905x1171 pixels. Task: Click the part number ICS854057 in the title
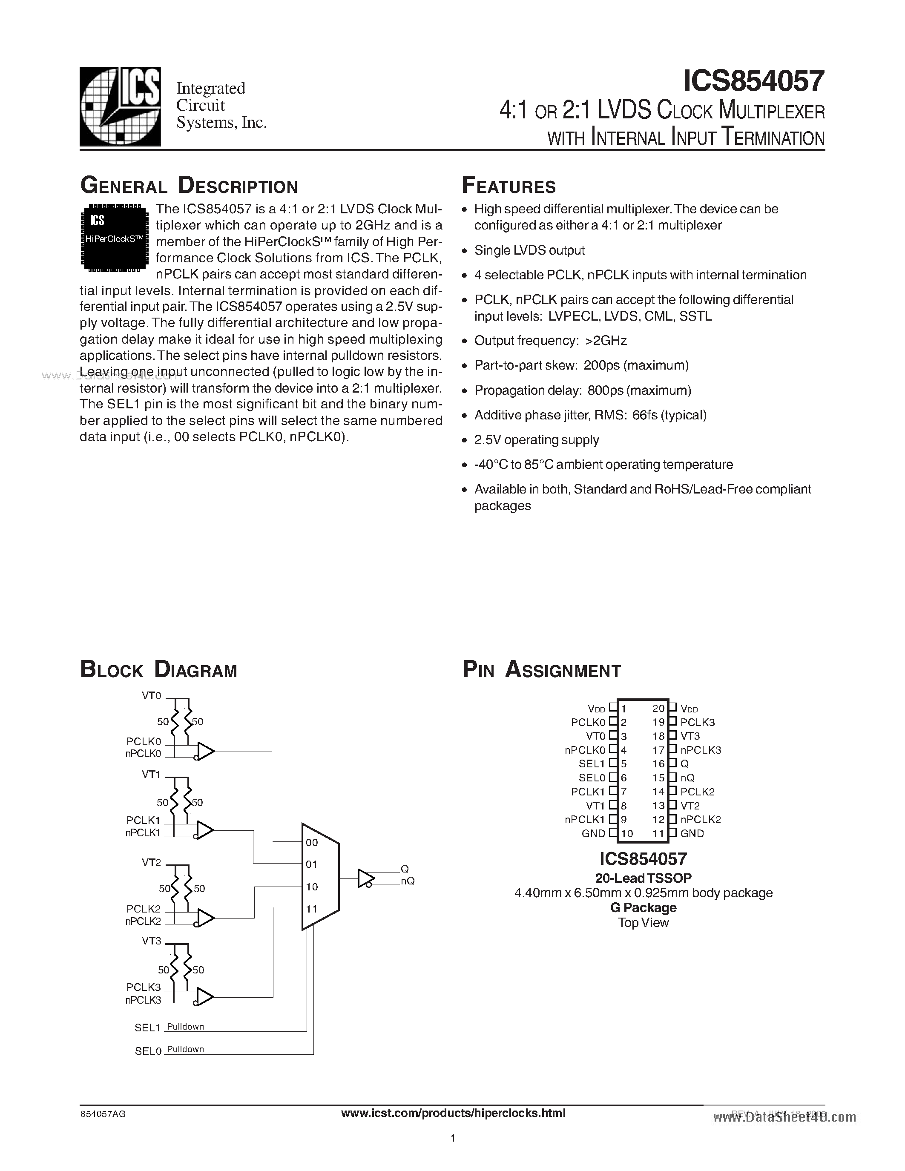point(753,81)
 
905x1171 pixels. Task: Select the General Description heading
point(189,186)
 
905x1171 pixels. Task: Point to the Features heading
point(509,186)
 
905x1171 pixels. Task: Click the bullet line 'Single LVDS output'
point(529,250)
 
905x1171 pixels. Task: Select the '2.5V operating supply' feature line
point(536,440)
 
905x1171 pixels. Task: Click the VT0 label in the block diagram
point(151,695)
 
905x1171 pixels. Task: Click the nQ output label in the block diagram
point(408,881)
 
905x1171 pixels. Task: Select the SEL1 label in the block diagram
point(147,1028)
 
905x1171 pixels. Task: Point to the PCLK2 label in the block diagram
point(143,909)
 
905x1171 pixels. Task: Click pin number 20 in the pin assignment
point(658,708)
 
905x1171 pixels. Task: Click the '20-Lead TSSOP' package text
point(643,878)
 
